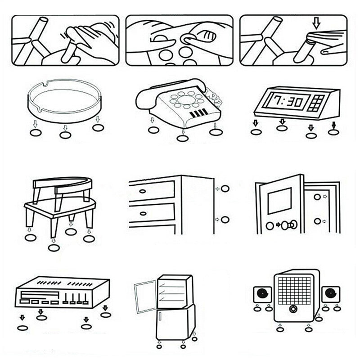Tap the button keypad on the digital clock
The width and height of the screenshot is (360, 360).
(x=318, y=103)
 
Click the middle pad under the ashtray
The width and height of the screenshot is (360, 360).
(x=65, y=135)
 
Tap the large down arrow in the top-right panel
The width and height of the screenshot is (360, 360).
(x=316, y=22)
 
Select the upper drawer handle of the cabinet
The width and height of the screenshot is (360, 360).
(x=142, y=191)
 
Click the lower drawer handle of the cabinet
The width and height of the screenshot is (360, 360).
(x=142, y=213)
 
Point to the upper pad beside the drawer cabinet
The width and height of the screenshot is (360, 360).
(x=225, y=189)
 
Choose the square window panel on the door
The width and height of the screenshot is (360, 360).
(x=280, y=201)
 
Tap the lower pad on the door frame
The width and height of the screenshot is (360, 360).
(x=317, y=221)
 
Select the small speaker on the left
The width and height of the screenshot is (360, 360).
(x=262, y=295)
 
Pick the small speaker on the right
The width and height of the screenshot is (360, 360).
(x=331, y=295)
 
